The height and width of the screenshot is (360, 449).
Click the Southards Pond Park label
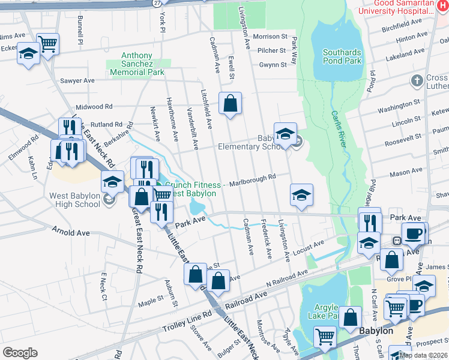click(342, 56)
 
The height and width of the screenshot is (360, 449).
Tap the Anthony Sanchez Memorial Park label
click(137, 64)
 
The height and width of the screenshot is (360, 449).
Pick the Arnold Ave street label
click(70, 232)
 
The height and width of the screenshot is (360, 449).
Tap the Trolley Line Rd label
click(187, 322)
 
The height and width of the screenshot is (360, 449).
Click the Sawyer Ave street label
click(77, 80)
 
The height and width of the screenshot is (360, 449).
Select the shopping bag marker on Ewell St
click(230, 104)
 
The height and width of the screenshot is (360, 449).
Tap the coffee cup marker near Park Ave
click(412, 233)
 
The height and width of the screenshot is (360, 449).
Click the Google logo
click(20, 353)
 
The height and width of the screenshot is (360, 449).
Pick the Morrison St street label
click(270, 37)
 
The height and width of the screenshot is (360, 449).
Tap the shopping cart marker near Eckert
click(47, 43)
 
